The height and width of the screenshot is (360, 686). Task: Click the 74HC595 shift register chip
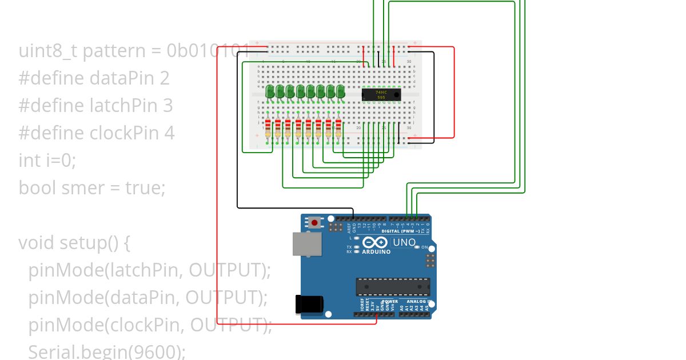(x=381, y=95)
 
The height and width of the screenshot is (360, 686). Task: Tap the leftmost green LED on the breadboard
(x=270, y=91)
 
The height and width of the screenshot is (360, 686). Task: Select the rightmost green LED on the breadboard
(x=341, y=91)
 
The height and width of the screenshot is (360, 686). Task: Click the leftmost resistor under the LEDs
(x=268, y=129)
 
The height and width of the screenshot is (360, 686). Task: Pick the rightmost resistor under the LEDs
(x=338, y=129)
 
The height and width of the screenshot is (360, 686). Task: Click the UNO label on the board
(x=404, y=243)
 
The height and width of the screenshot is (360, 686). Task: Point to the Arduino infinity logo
(x=376, y=242)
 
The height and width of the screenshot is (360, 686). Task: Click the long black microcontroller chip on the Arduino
(x=393, y=286)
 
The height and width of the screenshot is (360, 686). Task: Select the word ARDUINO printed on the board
(x=376, y=252)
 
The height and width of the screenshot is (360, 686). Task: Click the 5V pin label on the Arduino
(x=377, y=307)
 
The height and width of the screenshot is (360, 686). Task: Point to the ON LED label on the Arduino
(x=424, y=247)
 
